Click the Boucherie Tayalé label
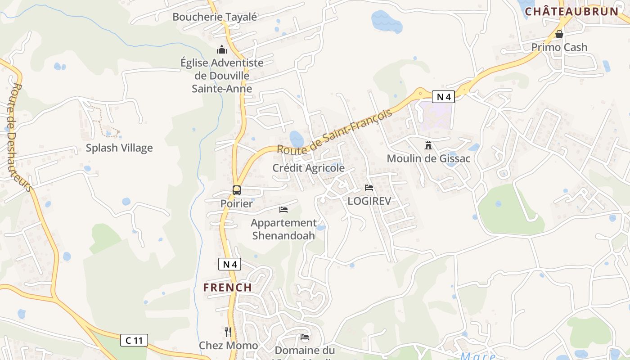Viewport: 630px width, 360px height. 215,17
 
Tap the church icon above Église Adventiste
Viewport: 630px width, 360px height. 222,49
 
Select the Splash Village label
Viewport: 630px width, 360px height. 119,148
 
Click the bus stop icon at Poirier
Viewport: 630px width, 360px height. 237,190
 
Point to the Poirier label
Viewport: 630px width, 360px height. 237,204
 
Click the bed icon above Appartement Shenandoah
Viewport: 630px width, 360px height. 283,210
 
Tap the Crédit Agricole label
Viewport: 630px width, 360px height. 309,168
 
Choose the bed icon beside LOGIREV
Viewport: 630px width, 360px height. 369,188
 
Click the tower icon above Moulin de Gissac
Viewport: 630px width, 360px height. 428,145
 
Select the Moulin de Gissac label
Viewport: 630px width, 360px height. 428,158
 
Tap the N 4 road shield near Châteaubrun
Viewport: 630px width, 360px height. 443,96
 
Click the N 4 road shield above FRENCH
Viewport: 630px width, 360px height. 229,264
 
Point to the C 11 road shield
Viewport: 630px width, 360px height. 134,340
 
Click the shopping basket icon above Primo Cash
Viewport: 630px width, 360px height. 559,34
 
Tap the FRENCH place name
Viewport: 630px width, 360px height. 228,288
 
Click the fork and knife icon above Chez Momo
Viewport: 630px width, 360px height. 228,332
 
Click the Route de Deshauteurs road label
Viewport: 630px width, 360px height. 21,137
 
